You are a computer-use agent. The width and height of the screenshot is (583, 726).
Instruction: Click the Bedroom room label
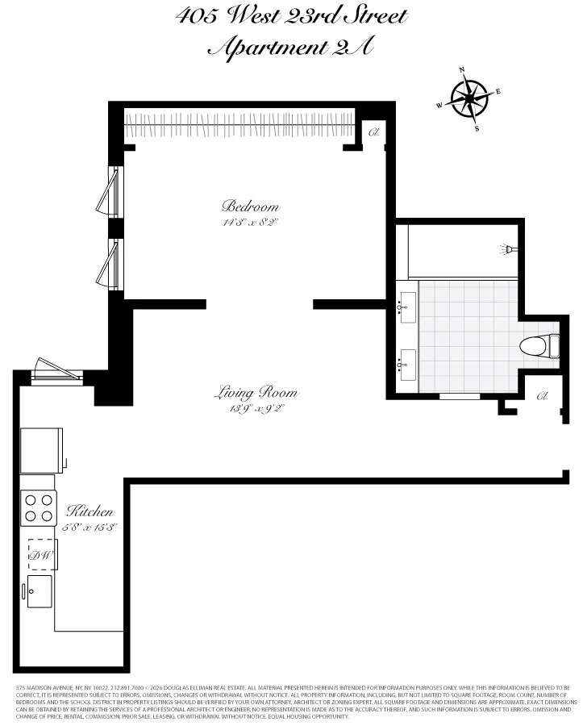coord(251,206)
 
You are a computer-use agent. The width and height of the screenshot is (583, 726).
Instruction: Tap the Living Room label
coord(256,394)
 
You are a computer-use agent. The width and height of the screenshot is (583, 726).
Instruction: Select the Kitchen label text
coord(90,512)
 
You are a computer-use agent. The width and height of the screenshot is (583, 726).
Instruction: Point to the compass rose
coord(469,99)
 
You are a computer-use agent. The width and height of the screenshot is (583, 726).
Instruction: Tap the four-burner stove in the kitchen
coord(39,508)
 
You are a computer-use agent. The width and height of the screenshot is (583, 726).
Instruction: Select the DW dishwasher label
coord(39,555)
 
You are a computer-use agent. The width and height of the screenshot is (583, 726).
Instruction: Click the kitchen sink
coord(39,591)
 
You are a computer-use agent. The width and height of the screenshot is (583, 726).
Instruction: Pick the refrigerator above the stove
coord(41,450)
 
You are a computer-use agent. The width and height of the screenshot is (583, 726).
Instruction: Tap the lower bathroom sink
coord(406,365)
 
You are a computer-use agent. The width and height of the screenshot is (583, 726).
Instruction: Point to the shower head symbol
coord(507,248)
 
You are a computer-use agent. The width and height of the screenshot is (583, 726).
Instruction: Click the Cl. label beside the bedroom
coord(374,132)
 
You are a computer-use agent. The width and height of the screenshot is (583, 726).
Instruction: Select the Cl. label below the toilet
coord(542,396)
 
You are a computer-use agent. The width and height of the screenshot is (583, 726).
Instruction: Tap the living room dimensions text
coord(256,409)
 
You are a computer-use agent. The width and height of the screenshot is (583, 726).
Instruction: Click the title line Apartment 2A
coord(290,48)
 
